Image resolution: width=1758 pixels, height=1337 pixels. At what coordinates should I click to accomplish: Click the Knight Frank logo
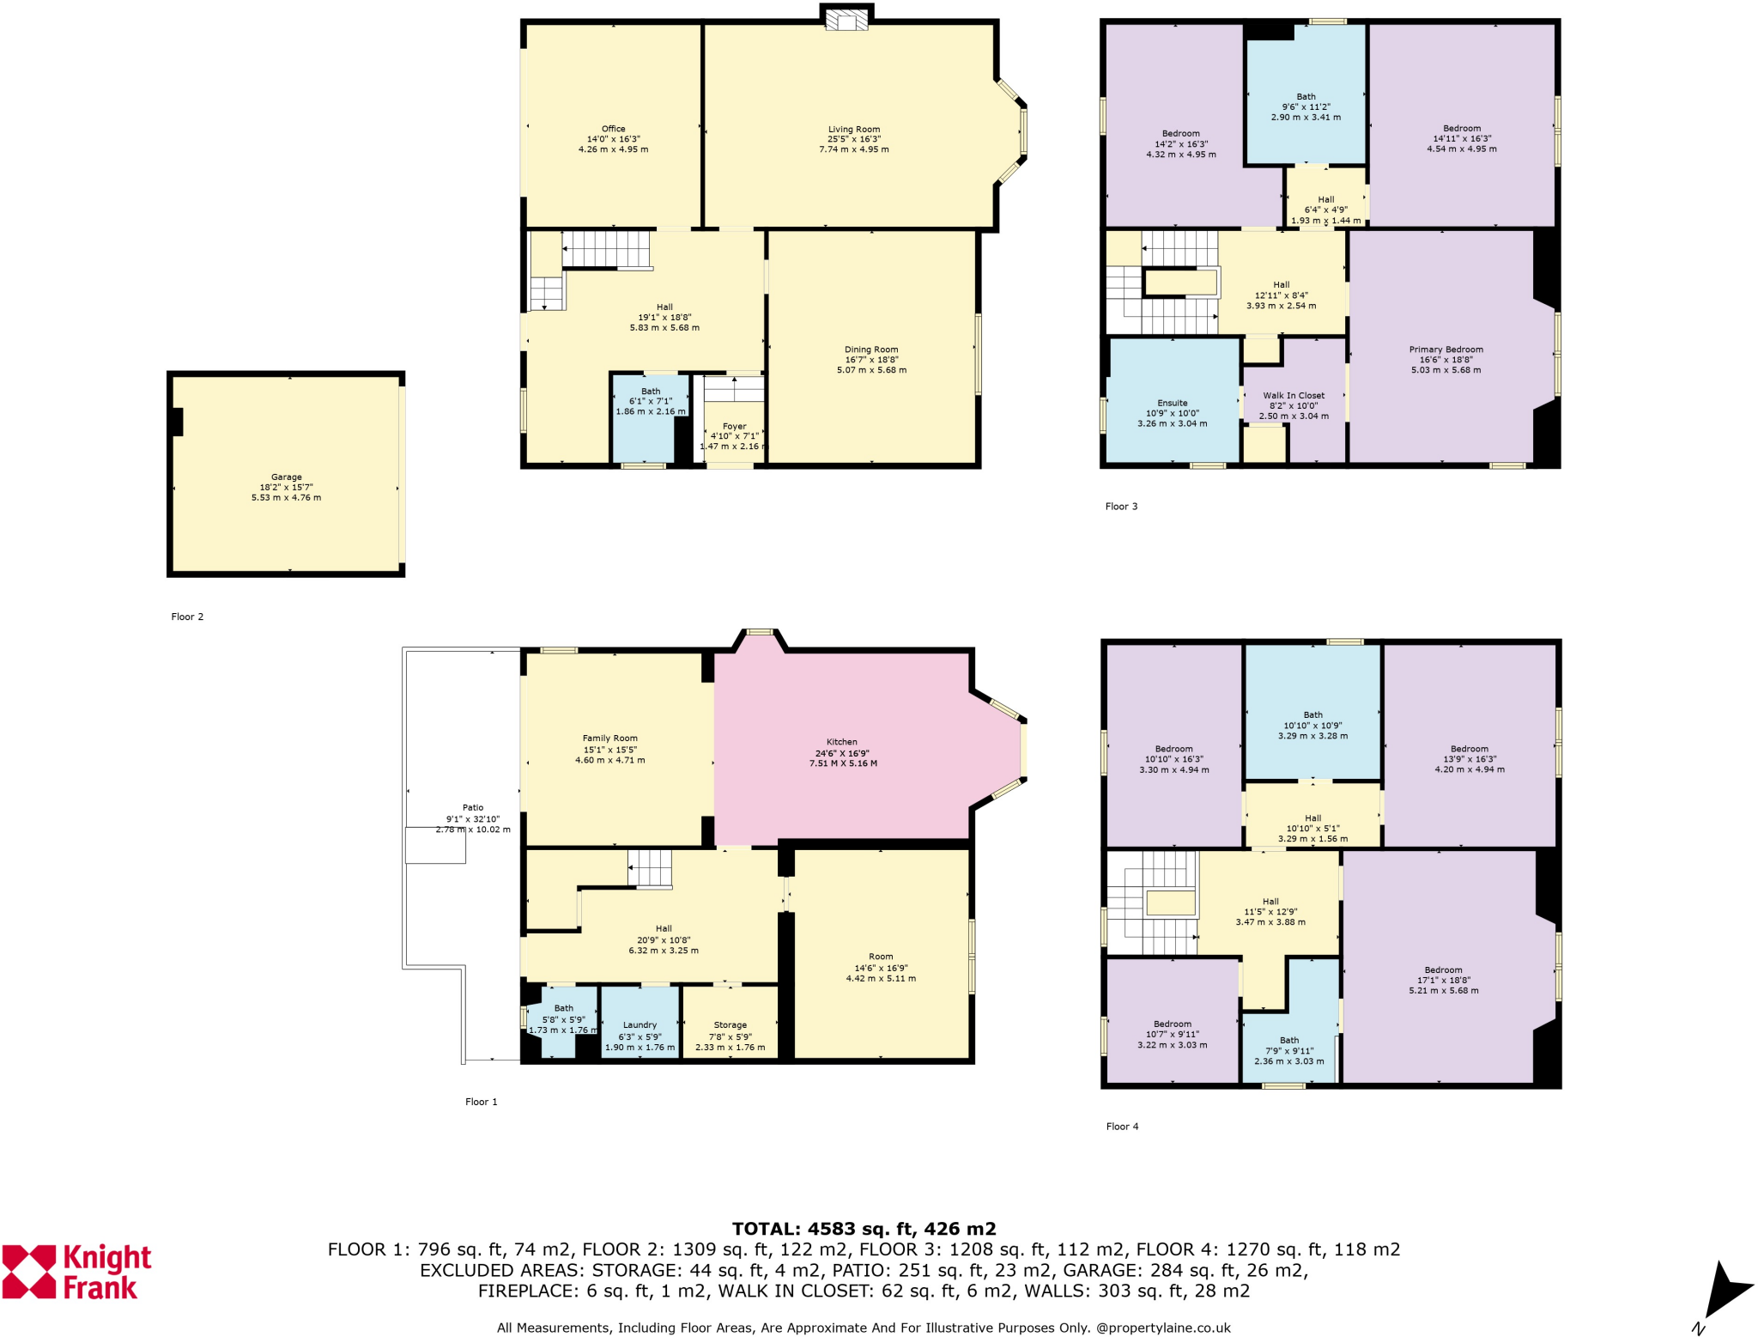click(x=77, y=1272)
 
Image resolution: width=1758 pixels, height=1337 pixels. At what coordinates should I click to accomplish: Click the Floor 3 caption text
click(x=1121, y=507)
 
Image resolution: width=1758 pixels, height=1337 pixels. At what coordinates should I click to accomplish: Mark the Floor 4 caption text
click(x=1122, y=1127)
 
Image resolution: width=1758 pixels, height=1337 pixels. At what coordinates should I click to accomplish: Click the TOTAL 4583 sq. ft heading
click(x=864, y=1229)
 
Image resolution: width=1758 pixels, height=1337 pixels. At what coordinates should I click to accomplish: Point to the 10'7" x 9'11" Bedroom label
click(x=1172, y=1034)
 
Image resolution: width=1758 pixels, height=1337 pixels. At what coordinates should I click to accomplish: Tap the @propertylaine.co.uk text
click(x=1163, y=1328)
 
